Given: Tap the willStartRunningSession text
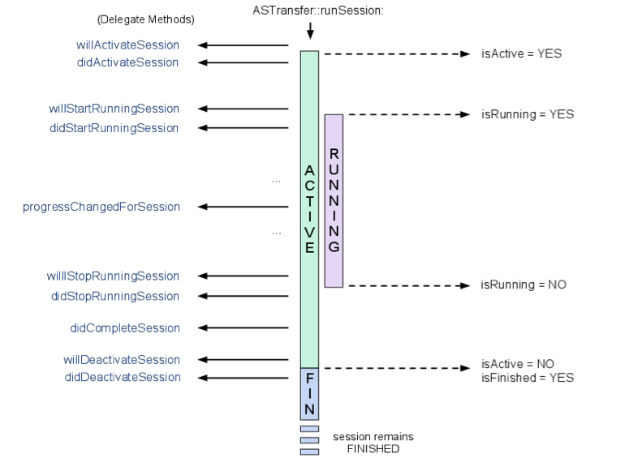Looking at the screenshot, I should [x=114, y=109].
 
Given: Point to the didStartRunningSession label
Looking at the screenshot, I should [x=114, y=128].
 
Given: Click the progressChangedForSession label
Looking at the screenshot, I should [x=101, y=207].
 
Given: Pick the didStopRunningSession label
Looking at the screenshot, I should [x=115, y=296].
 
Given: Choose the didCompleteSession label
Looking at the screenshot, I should [x=125, y=328].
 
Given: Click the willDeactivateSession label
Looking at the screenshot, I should [x=122, y=360].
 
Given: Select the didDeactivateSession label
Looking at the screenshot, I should [x=123, y=377].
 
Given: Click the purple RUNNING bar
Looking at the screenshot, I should [x=334, y=200].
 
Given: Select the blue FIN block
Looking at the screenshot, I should [x=309, y=392].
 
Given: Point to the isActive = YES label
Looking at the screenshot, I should [x=521, y=54].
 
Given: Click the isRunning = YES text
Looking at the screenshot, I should [x=527, y=114].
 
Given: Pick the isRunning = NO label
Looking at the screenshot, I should [x=524, y=285].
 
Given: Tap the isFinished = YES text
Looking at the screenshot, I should [x=527, y=378].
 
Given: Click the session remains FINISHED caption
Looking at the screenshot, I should [x=373, y=443].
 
